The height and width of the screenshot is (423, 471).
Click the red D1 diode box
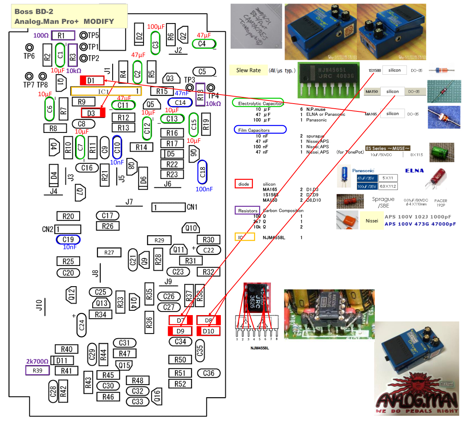(92, 81)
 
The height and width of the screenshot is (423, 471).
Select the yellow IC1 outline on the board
(106, 91)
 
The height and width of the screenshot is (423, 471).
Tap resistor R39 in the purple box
(38, 370)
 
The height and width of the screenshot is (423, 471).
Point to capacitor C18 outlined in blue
(202, 172)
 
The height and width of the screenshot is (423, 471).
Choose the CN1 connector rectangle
(168, 207)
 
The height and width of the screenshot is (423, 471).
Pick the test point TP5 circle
(83, 36)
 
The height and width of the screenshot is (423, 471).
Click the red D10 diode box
(208, 331)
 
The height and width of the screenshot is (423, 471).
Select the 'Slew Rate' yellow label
(248, 70)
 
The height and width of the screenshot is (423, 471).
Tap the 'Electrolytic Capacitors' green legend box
(258, 103)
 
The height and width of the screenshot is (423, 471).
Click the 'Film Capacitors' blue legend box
(260, 130)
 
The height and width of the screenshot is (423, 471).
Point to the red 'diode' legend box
(244, 184)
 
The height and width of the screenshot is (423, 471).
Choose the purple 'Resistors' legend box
(247, 210)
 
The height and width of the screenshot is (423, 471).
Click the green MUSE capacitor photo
(442, 152)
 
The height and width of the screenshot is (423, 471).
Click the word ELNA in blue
(414, 171)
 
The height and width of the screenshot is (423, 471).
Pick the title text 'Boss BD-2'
(34, 11)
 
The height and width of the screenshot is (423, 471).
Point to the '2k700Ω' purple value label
(37, 361)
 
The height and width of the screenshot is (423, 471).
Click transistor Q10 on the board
(191, 228)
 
